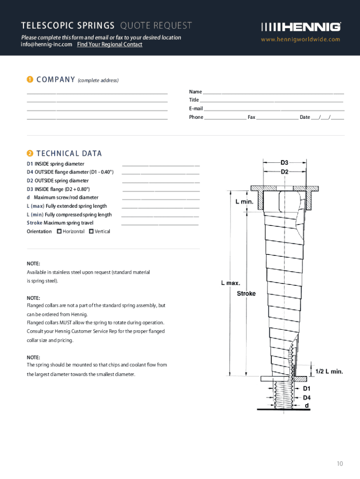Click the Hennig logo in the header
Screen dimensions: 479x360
point(301,27)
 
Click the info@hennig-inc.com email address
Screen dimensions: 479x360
point(47,44)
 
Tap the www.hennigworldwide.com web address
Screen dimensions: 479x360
point(301,39)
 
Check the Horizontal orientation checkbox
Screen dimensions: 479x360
point(59,231)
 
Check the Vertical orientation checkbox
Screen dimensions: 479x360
point(91,231)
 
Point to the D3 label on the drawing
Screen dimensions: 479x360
point(285,163)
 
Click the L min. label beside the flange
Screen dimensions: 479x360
point(244,202)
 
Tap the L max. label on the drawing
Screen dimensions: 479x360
point(230,283)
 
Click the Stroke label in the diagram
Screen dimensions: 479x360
point(246,293)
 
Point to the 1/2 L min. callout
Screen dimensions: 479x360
point(329,371)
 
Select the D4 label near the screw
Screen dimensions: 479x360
point(307,398)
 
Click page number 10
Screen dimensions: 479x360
point(339,464)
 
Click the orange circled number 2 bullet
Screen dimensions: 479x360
point(29,153)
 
